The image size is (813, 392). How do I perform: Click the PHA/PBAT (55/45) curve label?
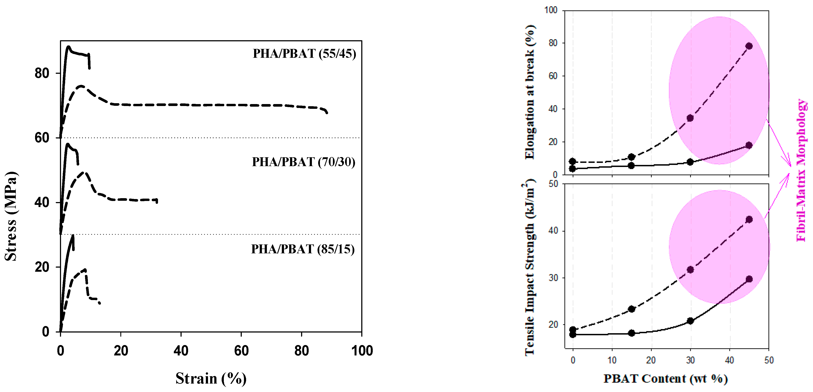point(304,54)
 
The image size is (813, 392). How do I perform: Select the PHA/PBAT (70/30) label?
point(303,162)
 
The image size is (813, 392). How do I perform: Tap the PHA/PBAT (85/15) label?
point(303,249)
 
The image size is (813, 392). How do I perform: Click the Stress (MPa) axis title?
point(11,216)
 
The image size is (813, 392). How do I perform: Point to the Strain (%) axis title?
point(211,378)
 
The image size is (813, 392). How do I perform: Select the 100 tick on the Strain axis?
point(362,351)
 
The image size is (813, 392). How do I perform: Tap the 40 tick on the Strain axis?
point(181,351)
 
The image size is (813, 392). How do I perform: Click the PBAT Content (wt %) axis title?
point(666,378)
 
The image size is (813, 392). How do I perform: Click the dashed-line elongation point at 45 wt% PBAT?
point(749,46)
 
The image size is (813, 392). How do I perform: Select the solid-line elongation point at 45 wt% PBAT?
point(749,145)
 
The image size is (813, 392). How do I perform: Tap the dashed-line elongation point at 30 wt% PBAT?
point(690,118)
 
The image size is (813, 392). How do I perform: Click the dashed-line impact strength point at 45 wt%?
point(749,220)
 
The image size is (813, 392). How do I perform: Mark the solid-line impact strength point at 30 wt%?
point(690,321)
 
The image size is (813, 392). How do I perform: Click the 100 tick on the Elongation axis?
point(551,10)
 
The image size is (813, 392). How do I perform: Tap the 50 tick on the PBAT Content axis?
point(769,360)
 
